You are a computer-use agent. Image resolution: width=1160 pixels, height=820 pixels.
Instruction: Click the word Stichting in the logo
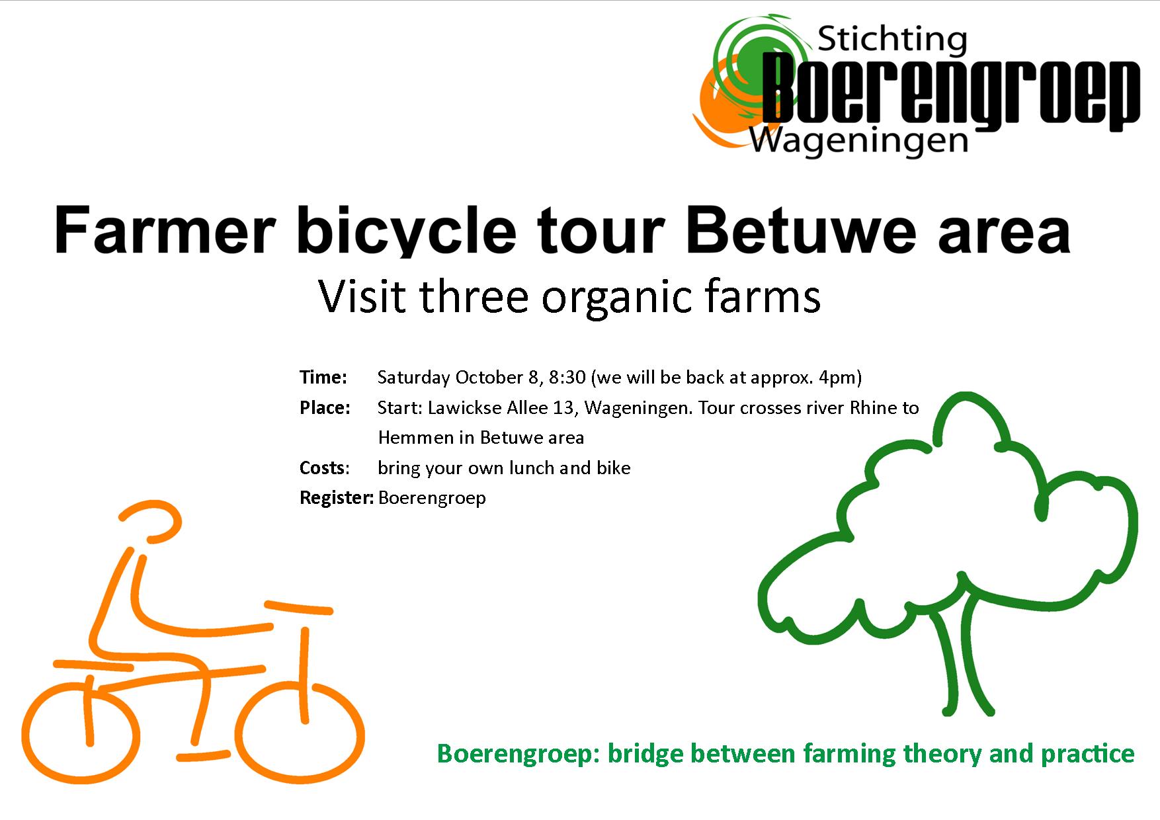pos(892,42)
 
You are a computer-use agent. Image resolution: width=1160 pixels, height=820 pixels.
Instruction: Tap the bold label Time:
pos(323,378)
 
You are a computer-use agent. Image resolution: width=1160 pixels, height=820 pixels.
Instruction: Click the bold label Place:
pos(325,408)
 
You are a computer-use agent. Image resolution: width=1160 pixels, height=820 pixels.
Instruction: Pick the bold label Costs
pos(322,468)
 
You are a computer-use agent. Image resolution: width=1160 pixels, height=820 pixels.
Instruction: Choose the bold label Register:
pos(337,498)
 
